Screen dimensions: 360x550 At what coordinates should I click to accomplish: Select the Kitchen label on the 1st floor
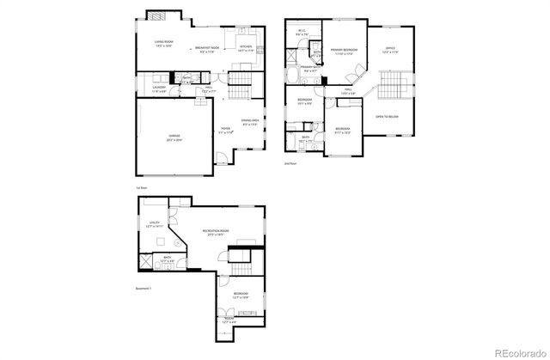246,48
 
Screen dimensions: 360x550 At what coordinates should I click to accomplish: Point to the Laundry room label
160,88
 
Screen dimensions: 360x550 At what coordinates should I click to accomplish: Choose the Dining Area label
251,122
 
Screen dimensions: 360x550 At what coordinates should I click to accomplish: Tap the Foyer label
227,131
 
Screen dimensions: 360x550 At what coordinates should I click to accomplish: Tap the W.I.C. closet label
302,34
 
